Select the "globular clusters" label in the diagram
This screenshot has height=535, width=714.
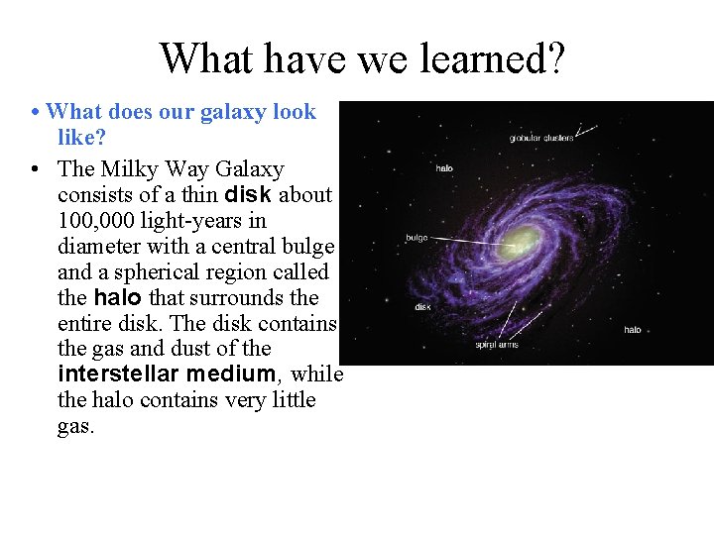[x=541, y=138]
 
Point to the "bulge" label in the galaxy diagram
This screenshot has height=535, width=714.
[x=416, y=238]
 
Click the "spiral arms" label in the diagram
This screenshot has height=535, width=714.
[x=497, y=345]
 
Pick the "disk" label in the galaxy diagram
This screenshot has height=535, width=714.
[x=422, y=307]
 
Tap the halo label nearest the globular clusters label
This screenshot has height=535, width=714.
[x=444, y=168]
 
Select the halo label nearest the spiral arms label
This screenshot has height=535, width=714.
[x=632, y=329]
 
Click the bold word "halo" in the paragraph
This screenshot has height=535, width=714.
[x=118, y=297]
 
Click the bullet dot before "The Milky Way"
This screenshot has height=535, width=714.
[x=35, y=169]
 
